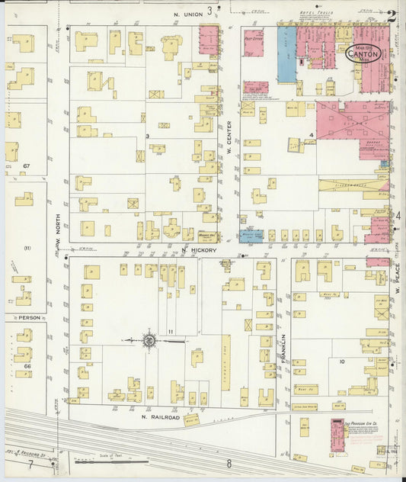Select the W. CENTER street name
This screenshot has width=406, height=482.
click(x=229, y=138)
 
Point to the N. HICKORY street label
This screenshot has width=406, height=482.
click(x=200, y=250)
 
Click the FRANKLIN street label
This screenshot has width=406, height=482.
click(x=282, y=346)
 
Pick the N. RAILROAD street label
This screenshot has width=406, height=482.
click(x=160, y=417)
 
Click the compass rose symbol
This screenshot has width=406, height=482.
click(x=150, y=340)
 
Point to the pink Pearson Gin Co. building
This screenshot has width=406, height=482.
click(x=336, y=434)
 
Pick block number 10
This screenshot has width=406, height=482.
click(x=343, y=361)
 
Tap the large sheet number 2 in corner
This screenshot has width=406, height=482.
click(x=391, y=15)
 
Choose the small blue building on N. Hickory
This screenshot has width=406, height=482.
click(x=251, y=236)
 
